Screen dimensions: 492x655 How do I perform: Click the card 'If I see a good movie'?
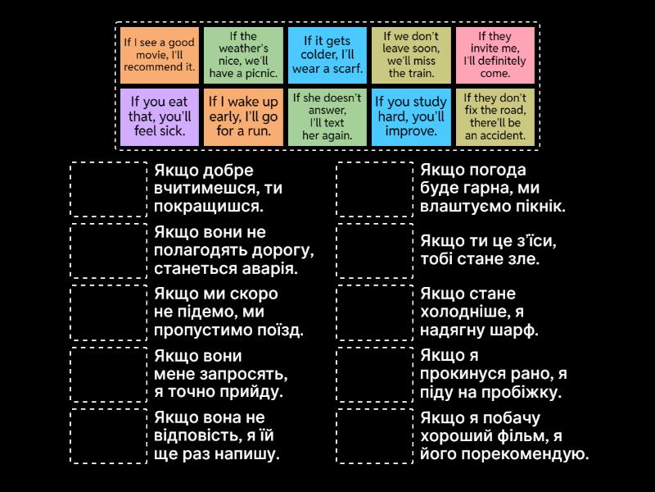coord(160,55)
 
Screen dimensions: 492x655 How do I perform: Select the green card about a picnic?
coord(243,55)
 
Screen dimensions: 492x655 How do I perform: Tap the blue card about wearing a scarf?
coord(327,55)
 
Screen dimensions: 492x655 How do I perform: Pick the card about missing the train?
coord(411,55)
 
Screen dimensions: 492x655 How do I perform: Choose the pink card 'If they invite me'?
coord(495,55)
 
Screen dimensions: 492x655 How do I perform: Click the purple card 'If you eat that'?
coord(160,116)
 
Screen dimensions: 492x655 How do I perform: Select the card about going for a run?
coord(243,116)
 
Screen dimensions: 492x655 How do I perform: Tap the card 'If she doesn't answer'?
coord(327,116)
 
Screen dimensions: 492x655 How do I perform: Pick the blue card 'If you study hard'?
coord(411,116)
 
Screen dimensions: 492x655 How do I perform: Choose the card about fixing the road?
coord(495,116)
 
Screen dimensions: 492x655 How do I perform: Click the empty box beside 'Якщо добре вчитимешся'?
coord(109,189)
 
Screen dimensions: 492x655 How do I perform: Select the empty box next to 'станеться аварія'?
coord(109,251)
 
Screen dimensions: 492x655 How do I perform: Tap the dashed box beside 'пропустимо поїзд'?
coord(109,312)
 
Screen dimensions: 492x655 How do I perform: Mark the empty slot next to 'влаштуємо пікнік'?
coord(375,189)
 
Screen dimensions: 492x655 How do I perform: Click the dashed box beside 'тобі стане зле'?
coord(375,251)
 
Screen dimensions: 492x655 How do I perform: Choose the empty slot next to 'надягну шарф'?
coord(375,312)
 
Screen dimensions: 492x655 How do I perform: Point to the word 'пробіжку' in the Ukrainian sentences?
coord(523,393)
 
